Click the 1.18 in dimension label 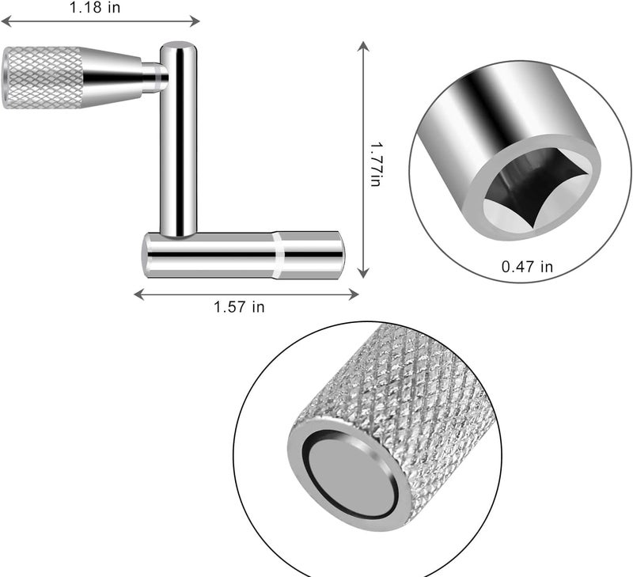(95, 7)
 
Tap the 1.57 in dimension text (239, 307)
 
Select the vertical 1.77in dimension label (376, 164)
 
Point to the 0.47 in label (527, 267)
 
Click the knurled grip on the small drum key (44, 78)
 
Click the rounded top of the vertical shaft (179, 46)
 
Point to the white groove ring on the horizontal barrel (279, 255)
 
